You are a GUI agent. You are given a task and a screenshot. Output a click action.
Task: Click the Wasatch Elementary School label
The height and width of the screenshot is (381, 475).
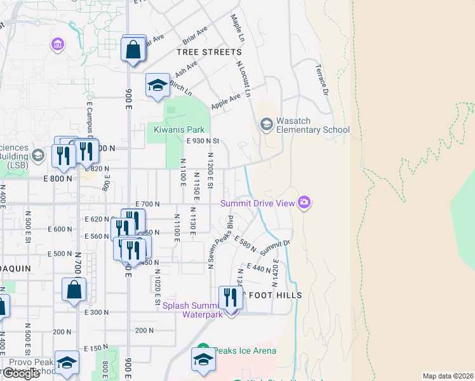click(313, 130)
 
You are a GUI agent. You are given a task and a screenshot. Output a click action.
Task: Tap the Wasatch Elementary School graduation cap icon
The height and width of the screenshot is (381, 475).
click(266, 124)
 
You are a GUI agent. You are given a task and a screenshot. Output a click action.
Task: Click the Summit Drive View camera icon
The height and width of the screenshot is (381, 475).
click(305, 203)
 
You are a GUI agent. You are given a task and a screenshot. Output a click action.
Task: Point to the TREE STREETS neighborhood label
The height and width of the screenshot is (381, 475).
click(210, 52)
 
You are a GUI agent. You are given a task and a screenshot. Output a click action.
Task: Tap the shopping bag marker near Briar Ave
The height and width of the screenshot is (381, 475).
click(133, 50)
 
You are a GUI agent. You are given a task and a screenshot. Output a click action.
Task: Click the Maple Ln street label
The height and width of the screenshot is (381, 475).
click(237, 29)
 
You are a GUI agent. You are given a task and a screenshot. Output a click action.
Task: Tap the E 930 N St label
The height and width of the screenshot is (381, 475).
click(202, 141)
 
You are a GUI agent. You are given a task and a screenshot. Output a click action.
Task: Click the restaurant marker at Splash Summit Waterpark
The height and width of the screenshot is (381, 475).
click(231, 298)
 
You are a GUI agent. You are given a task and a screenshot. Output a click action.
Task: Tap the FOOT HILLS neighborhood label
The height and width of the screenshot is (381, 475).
click(274, 295)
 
